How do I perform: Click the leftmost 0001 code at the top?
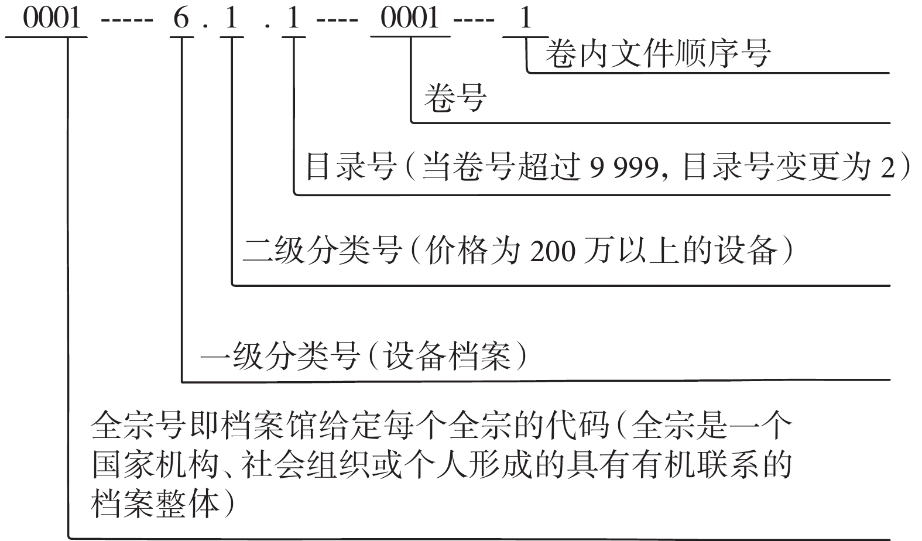click(x=52, y=18)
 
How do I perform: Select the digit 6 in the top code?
click(x=181, y=18)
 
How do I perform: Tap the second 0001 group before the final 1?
click(x=410, y=18)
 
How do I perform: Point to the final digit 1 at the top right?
click(x=525, y=18)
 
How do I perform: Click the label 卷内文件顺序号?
click(x=657, y=53)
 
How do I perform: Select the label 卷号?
click(x=455, y=98)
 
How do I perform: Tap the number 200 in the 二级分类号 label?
click(x=553, y=251)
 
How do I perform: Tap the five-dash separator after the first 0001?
click(x=127, y=19)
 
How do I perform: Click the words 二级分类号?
click(x=323, y=250)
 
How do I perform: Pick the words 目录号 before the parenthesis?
click(x=351, y=167)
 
